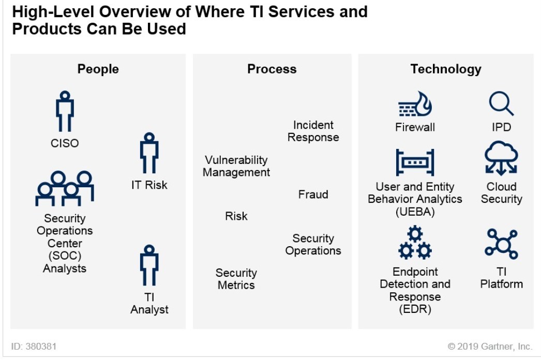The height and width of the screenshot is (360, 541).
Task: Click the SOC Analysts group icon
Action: coord(65,188)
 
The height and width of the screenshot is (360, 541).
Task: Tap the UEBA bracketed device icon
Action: coord(415,162)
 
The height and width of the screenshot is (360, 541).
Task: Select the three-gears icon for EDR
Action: coord(415,242)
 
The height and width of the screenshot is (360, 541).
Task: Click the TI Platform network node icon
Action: coord(501,244)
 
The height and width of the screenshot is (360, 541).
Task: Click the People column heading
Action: coord(98,69)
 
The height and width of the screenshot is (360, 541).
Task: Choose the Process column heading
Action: coord(272,69)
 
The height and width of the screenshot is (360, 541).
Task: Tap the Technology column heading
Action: coord(446,69)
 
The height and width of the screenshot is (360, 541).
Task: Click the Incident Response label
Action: coord(313,131)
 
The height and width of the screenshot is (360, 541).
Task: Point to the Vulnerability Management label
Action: coord(236,166)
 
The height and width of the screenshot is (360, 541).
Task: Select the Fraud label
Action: coord(313,194)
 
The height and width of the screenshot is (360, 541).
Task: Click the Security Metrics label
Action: coord(236,279)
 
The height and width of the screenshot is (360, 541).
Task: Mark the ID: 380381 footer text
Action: coord(34,346)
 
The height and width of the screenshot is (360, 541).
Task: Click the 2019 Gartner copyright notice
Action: coord(490,346)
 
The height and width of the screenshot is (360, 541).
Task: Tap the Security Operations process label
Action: coord(313,244)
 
